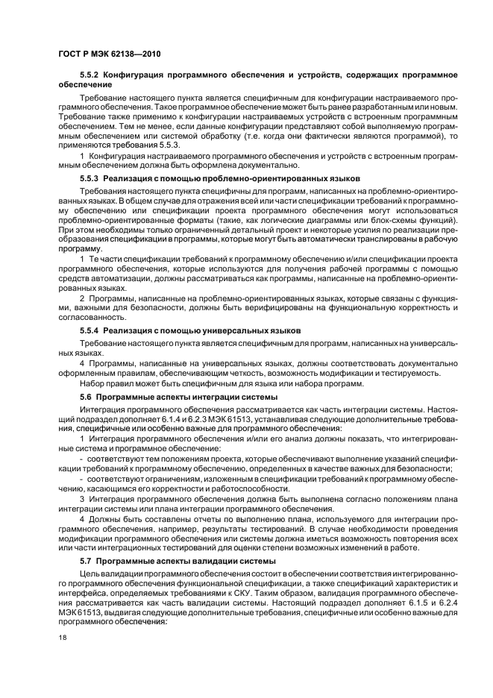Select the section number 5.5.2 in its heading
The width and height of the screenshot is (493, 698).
point(89,75)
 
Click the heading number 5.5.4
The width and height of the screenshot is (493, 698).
point(89,329)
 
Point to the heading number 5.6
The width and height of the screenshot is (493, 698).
point(85,397)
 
